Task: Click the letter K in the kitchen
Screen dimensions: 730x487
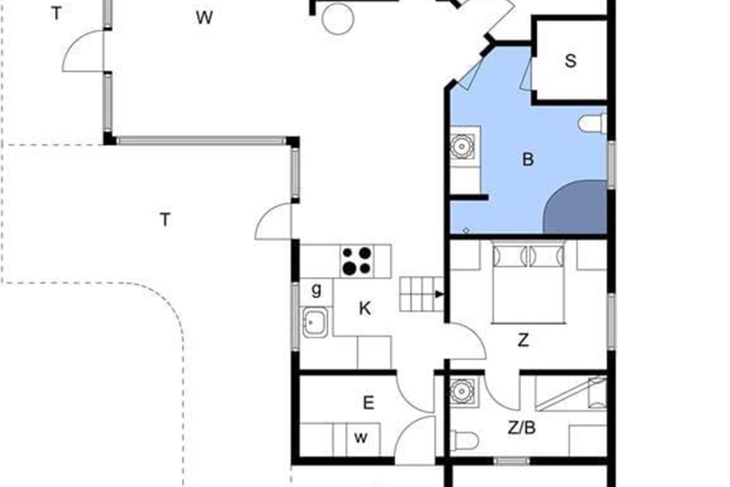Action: pyautogui.click(x=364, y=308)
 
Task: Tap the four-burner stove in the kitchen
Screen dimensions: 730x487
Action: pyautogui.click(x=357, y=261)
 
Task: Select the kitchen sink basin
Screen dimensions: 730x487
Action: pyautogui.click(x=315, y=322)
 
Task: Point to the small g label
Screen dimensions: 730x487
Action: pyautogui.click(x=316, y=290)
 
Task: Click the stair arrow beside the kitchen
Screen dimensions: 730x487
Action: pyautogui.click(x=440, y=294)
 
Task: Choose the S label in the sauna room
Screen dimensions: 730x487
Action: pyautogui.click(x=571, y=61)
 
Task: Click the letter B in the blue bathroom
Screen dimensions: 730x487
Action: pyautogui.click(x=528, y=159)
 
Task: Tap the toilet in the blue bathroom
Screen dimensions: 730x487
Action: pyautogui.click(x=593, y=124)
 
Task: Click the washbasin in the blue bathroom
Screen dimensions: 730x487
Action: pyautogui.click(x=462, y=147)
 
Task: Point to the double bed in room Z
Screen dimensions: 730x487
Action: pyautogui.click(x=528, y=281)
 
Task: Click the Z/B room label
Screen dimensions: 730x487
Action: pyautogui.click(x=522, y=428)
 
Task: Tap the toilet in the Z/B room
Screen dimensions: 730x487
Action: pyautogui.click(x=464, y=440)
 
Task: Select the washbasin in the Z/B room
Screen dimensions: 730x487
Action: pyautogui.click(x=462, y=391)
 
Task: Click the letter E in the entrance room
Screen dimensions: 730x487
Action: pyautogui.click(x=368, y=403)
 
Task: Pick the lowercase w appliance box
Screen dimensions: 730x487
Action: pyautogui.click(x=363, y=439)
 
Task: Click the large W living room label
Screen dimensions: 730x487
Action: pyautogui.click(x=204, y=18)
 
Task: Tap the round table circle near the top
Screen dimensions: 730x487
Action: pyautogui.click(x=338, y=19)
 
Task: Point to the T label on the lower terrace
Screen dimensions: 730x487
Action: pyautogui.click(x=165, y=220)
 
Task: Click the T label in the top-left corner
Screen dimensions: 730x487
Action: pyautogui.click(x=57, y=14)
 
